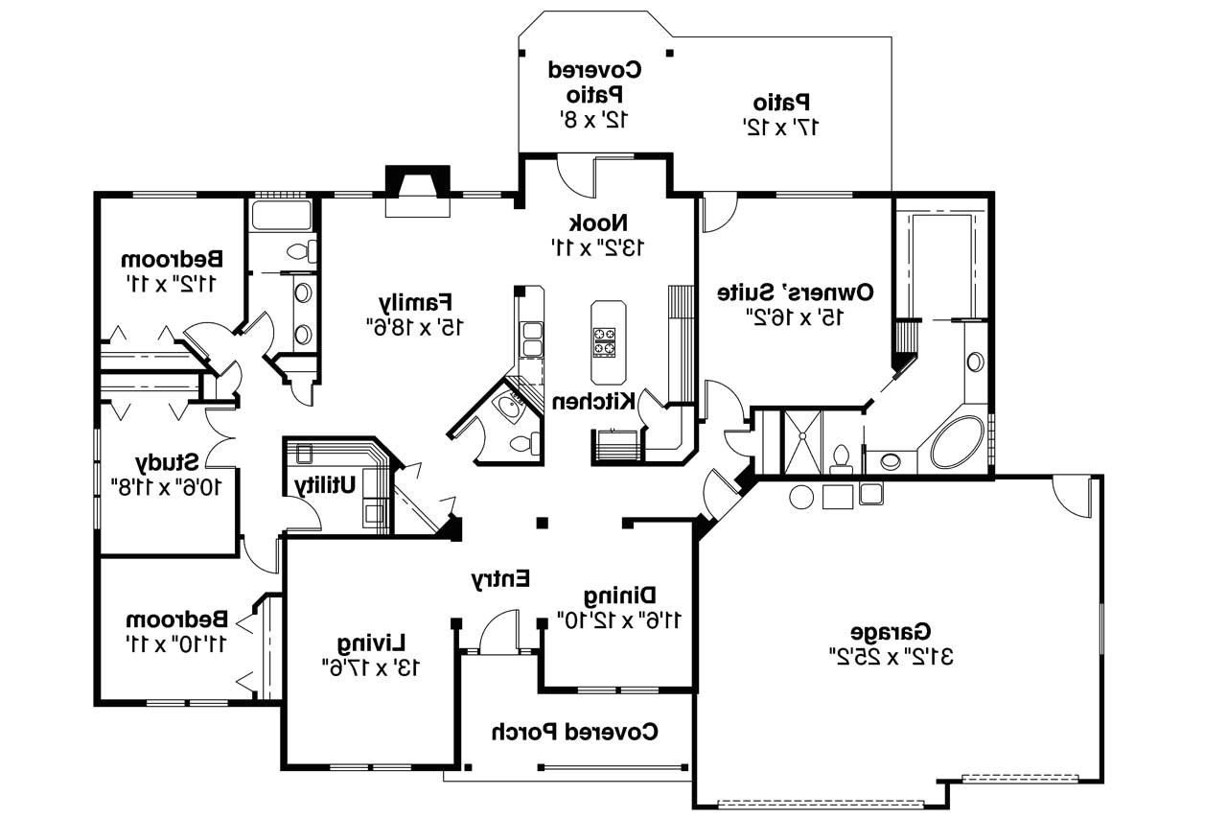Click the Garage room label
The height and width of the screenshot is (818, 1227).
click(891, 632)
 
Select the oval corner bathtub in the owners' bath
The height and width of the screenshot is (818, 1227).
click(956, 442)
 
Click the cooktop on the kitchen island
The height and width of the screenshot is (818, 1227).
click(604, 341)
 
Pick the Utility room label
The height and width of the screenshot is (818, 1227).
click(325, 485)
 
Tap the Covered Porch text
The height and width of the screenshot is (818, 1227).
click(575, 732)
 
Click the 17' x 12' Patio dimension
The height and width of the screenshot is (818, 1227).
click(781, 126)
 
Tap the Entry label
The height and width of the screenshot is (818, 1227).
click(500, 578)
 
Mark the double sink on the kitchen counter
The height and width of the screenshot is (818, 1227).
click(530, 339)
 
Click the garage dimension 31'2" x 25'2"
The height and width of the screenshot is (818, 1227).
click(891, 657)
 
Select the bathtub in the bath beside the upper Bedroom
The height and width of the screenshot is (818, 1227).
click(281, 215)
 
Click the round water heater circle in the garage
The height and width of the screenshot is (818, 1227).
click(801, 497)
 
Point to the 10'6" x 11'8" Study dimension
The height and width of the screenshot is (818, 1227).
click(167, 486)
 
